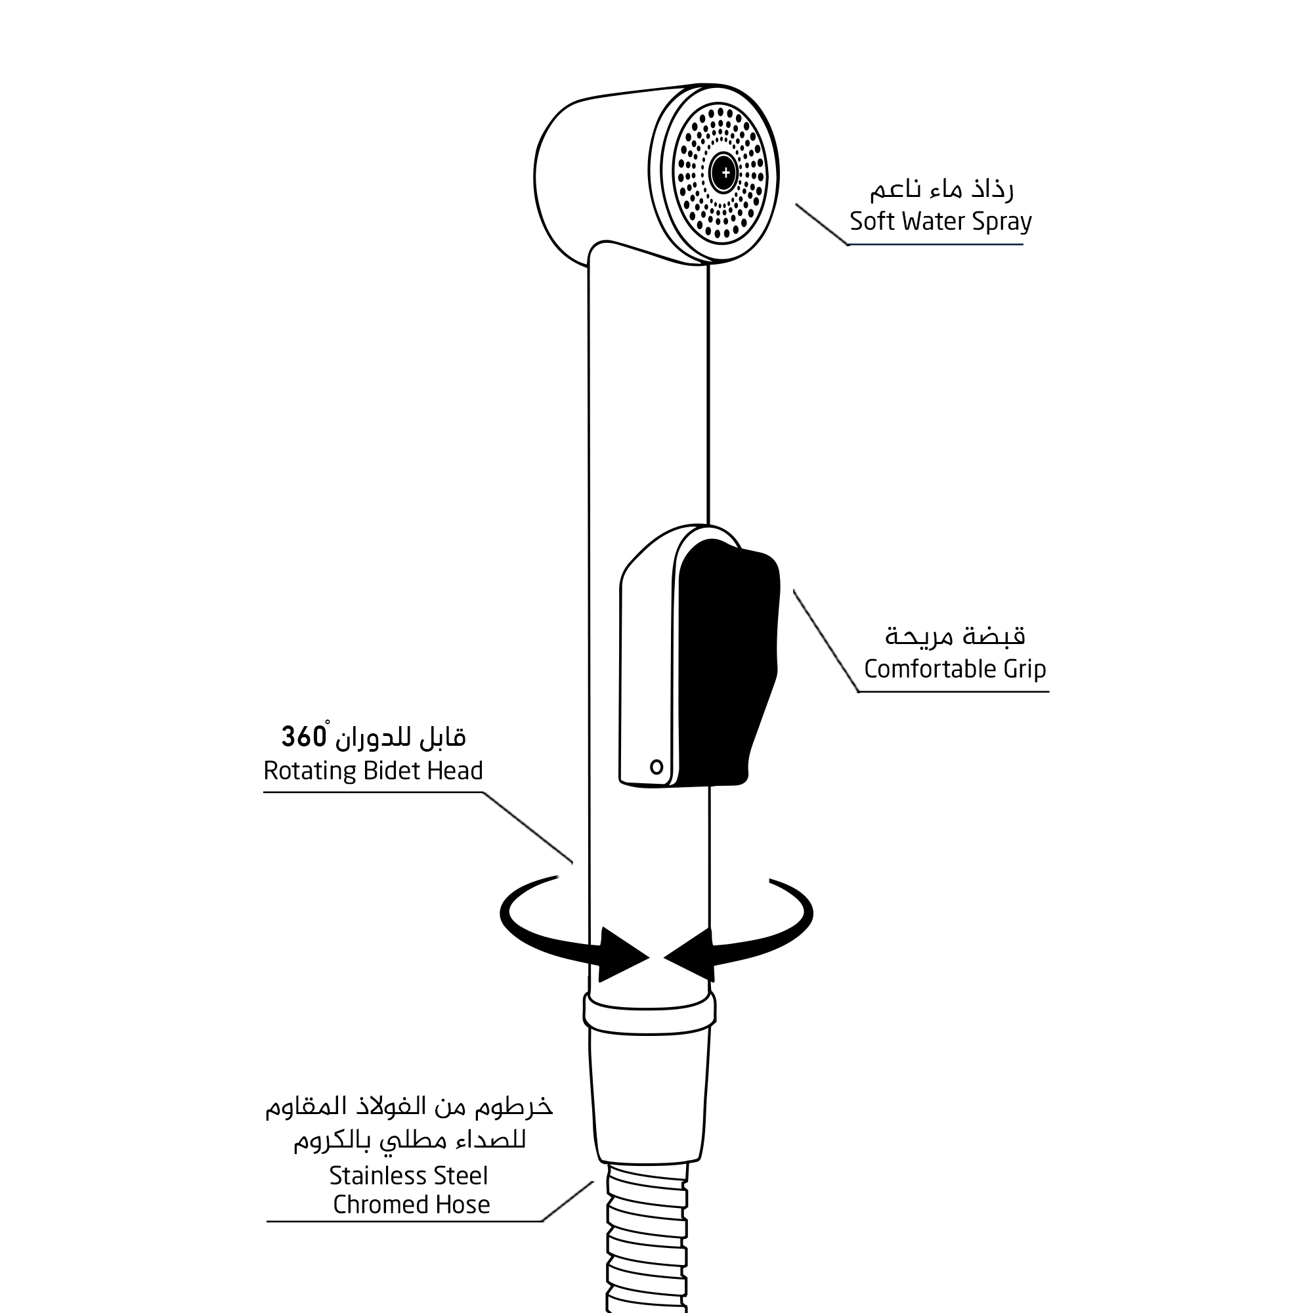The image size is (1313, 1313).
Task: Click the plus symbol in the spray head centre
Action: tap(725, 173)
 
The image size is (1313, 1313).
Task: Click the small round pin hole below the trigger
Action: tap(656, 767)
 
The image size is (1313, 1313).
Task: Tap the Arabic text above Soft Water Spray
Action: tap(941, 190)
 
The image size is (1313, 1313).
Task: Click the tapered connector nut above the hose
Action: tap(649, 1094)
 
